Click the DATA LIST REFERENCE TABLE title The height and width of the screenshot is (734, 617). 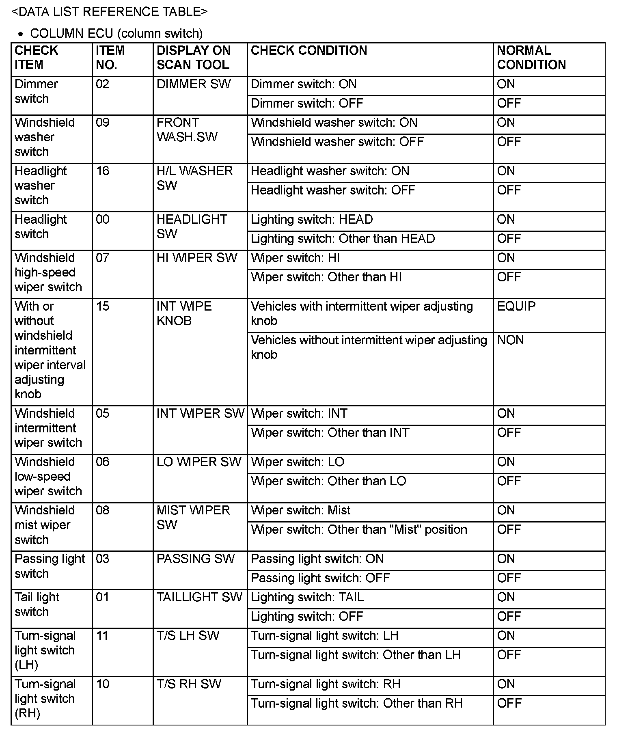110,12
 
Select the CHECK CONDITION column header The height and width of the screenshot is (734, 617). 309,50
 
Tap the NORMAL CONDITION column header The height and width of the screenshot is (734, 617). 531,57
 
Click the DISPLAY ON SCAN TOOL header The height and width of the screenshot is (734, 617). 193,57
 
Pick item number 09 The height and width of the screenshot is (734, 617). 103,123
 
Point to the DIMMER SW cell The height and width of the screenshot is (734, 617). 193,84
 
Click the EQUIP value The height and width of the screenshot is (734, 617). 516,306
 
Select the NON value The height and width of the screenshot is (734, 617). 510,340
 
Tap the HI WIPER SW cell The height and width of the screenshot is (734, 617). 196,258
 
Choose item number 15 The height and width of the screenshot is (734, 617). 103,306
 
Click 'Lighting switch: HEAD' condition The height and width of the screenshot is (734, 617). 312,220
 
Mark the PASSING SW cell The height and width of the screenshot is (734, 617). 196,559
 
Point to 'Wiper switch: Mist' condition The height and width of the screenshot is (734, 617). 300,510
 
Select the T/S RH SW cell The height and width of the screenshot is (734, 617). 189,684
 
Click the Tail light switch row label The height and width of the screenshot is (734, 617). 37,604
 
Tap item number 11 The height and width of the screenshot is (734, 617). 102,636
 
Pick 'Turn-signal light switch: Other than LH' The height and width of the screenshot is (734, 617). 356,655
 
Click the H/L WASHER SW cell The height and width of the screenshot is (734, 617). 194,178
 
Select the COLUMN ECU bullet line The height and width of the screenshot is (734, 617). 116,33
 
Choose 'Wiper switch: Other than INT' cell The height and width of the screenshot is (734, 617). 330,433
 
